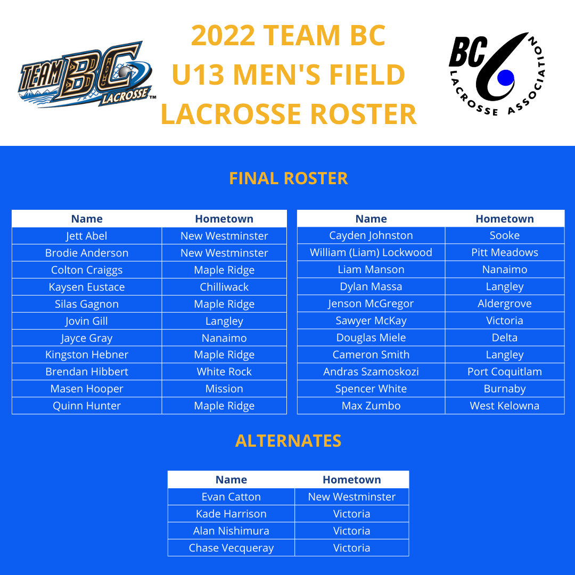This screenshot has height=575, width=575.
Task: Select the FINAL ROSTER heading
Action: [x=288, y=178]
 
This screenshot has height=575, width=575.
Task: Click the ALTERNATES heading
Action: [x=288, y=441]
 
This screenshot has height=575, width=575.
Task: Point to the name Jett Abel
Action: [x=87, y=236]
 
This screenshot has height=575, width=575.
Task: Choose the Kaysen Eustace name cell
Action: [x=87, y=287]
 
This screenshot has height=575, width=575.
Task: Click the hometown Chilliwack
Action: [x=224, y=287]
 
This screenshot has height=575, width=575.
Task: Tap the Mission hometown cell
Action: [x=224, y=389]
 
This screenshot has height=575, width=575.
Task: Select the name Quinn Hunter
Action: [x=87, y=406]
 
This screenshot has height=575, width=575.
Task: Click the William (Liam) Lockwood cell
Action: [x=371, y=252]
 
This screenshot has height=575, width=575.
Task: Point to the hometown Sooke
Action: [x=504, y=235]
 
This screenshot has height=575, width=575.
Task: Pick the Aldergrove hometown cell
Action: [x=504, y=303]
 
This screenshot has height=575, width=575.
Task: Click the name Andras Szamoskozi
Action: [x=371, y=372]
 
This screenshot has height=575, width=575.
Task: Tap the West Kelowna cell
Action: [x=504, y=406]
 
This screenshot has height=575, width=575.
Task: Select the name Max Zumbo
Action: [x=371, y=406]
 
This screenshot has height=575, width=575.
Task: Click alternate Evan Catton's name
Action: [x=231, y=497]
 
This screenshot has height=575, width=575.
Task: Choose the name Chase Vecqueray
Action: [x=231, y=548]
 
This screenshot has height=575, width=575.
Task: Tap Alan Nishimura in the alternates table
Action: [x=231, y=531]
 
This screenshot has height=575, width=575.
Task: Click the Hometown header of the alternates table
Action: [x=351, y=480]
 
